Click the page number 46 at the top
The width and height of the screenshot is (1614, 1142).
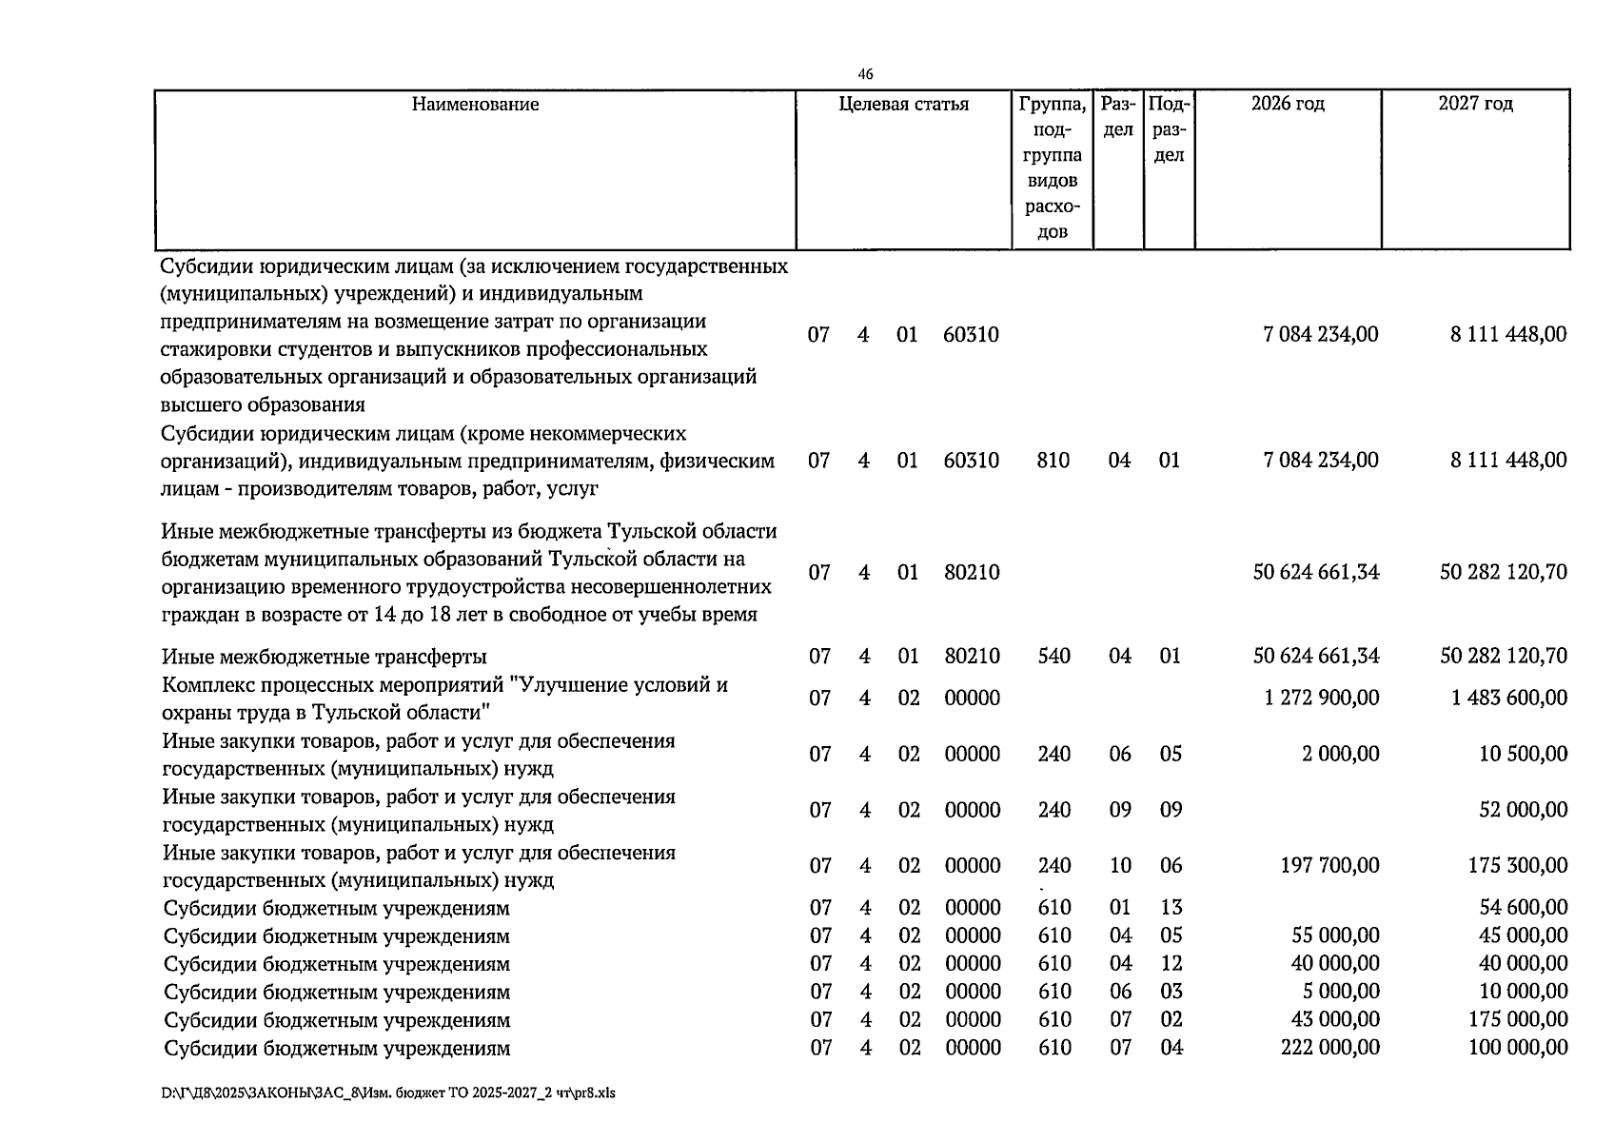click(x=865, y=74)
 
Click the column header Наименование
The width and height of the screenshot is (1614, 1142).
click(x=475, y=105)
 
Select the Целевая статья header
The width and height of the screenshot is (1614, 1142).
click(x=903, y=105)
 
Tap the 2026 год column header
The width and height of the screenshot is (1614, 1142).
click(x=1287, y=104)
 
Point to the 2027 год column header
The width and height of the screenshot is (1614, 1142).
click(x=1475, y=104)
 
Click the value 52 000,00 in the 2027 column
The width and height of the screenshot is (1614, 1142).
click(x=1523, y=810)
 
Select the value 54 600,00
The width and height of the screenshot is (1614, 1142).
click(x=1523, y=908)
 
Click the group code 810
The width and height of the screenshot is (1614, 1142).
click(x=1053, y=461)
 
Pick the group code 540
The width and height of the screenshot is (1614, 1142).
click(x=1053, y=657)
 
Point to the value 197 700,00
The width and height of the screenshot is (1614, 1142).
click(x=1329, y=866)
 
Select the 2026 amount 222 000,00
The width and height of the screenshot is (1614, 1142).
click(x=1329, y=1048)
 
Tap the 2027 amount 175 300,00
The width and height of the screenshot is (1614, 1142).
click(x=1517, y=866)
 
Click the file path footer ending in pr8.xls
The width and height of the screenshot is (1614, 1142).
click(x=388, y=1093)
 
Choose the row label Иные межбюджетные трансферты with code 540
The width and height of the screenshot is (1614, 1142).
click(x=325, y=657)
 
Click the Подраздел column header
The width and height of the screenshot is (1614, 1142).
click(x=1169, y=129)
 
